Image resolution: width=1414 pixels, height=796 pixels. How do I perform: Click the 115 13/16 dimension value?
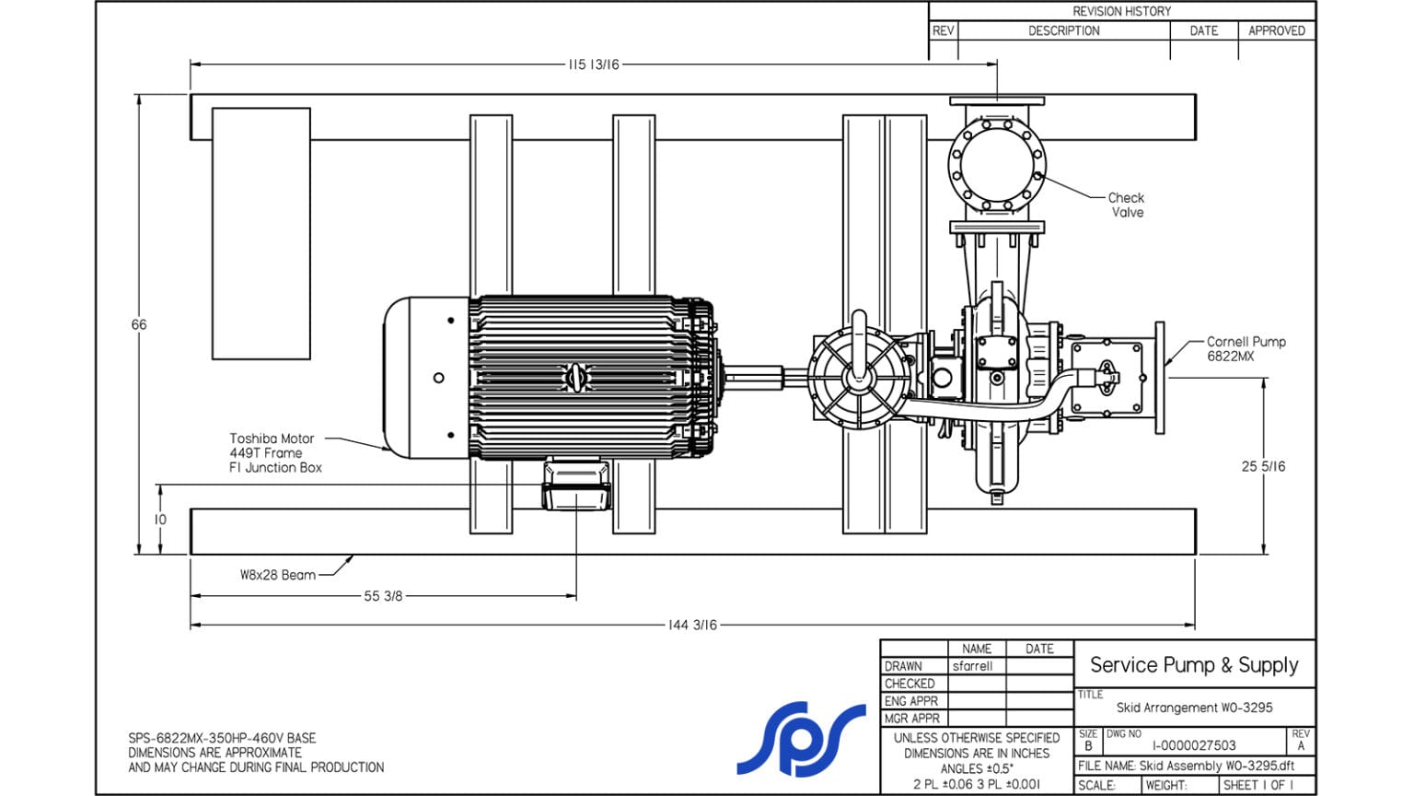point(594,64)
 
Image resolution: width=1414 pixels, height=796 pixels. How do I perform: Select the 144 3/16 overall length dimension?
point(692,625)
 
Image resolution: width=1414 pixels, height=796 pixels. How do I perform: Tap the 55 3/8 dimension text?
point(383,596)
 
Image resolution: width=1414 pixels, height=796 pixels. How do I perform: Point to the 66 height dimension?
point(139,324)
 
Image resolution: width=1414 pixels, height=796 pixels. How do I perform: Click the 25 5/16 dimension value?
point(1263,466)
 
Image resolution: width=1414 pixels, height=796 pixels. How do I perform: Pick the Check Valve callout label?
point(1127,205)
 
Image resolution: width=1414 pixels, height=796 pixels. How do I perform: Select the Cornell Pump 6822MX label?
point(1246,348)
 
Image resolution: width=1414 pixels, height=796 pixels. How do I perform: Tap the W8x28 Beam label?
point(277,575)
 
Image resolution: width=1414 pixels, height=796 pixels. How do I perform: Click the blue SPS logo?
point(800,739)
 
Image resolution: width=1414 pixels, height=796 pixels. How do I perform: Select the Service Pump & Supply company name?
point(1194,665)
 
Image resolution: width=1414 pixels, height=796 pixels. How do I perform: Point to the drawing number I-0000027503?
point(1194,745)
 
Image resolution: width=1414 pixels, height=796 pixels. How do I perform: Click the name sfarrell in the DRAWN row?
point(972,666)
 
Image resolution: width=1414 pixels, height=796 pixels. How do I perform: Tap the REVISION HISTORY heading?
point(1121,11)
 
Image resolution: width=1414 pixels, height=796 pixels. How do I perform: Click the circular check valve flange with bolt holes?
point(997,167)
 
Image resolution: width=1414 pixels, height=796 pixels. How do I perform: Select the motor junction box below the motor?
point(576,486)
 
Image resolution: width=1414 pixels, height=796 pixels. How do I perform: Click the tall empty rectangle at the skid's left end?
point(261,233)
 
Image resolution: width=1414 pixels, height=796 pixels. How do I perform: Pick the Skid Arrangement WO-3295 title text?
point(1194,708)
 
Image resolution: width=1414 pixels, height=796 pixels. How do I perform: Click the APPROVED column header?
point(1276,30)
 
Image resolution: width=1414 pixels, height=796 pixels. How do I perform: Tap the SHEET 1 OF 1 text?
point(1258,785)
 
